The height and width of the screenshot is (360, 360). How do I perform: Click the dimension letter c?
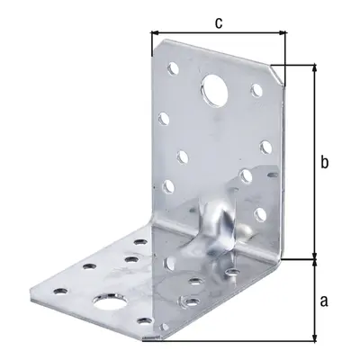pyautogui.click(x=219, y=22)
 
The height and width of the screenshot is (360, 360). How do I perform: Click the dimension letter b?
pyautogui.click(x=324, y=162)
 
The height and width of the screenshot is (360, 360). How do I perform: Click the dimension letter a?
pyautogui.click(x=324, y=301)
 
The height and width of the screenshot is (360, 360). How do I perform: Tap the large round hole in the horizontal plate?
pyautogui.click(x=109, y=301)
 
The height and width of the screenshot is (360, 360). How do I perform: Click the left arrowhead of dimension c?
pyautogui.click(x=155, y=32)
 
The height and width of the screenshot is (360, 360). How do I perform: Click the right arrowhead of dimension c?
pyautogui.click(x=283, y=32)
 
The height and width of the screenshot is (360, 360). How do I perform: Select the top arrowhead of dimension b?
pyautogui.click(x=314, y=67)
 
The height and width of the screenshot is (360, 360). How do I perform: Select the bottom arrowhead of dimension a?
pyautogui.click(x=314, y=337)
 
